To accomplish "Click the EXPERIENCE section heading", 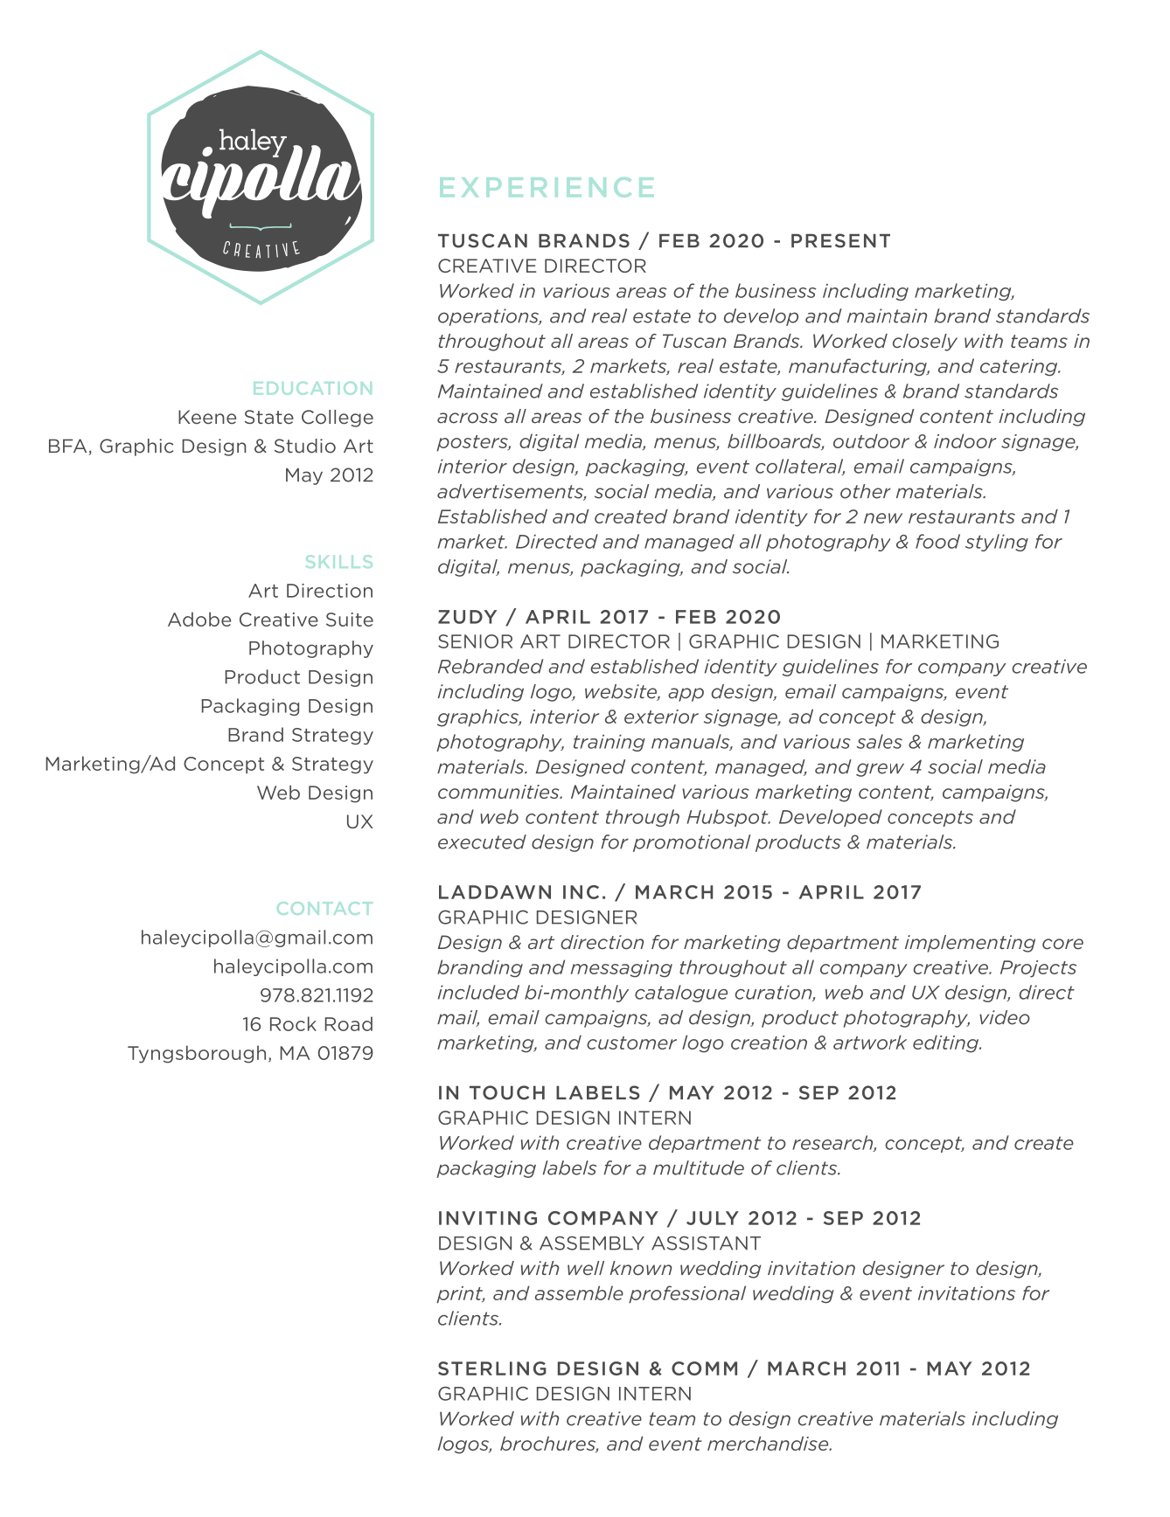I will click(547, 188).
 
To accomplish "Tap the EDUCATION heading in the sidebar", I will click(312, 388).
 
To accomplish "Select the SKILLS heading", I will click(338, 562).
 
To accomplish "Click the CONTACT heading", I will click(324, 909).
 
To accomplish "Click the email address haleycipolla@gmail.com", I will click(256, 938).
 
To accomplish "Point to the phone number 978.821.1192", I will click(316, 995).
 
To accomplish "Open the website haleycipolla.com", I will click(293, 966).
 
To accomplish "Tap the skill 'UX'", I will click(359, 821).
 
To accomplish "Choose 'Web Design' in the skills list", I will click(315, 793).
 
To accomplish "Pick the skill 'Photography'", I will click(310, 648).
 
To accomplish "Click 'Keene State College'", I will click(275, 417).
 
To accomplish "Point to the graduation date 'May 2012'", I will click(328, 474).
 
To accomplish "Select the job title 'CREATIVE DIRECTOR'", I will click(542, 266).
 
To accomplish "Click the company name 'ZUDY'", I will click(467, 617).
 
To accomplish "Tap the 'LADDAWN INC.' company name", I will click(522, 892).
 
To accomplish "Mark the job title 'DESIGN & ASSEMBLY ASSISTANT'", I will click(599, 1243).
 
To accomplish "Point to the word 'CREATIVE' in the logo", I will click(261, 249).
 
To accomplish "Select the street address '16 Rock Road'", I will click(307, 1024).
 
